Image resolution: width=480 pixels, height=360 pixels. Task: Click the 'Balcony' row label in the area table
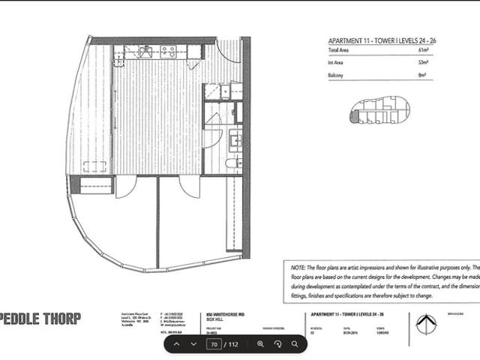click(x=335, y=75)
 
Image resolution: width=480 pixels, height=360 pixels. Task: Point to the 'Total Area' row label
click(x=338, y=50)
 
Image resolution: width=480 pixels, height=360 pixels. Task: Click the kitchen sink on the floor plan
click(x=145, y=52)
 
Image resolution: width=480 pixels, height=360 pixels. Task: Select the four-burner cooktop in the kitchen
click(x=168, y=52)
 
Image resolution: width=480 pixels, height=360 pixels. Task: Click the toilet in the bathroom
click(x=232, y=163)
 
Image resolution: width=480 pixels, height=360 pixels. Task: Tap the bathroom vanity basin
click(x=235, y=139)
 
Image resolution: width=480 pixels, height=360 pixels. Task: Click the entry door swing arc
click(x=228, y=52)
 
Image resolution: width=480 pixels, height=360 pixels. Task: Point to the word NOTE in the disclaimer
click(x=296, y=267)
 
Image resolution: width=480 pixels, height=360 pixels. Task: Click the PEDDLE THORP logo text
click(x=40, y=318)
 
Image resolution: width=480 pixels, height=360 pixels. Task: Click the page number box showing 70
click(x=214, y=344)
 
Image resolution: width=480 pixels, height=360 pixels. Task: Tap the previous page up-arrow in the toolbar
click(x=176, y=344)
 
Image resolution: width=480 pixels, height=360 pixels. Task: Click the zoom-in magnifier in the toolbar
click(x=260, y=344)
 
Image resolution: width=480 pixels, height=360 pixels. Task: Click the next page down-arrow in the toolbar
click(x=193, y=344)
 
